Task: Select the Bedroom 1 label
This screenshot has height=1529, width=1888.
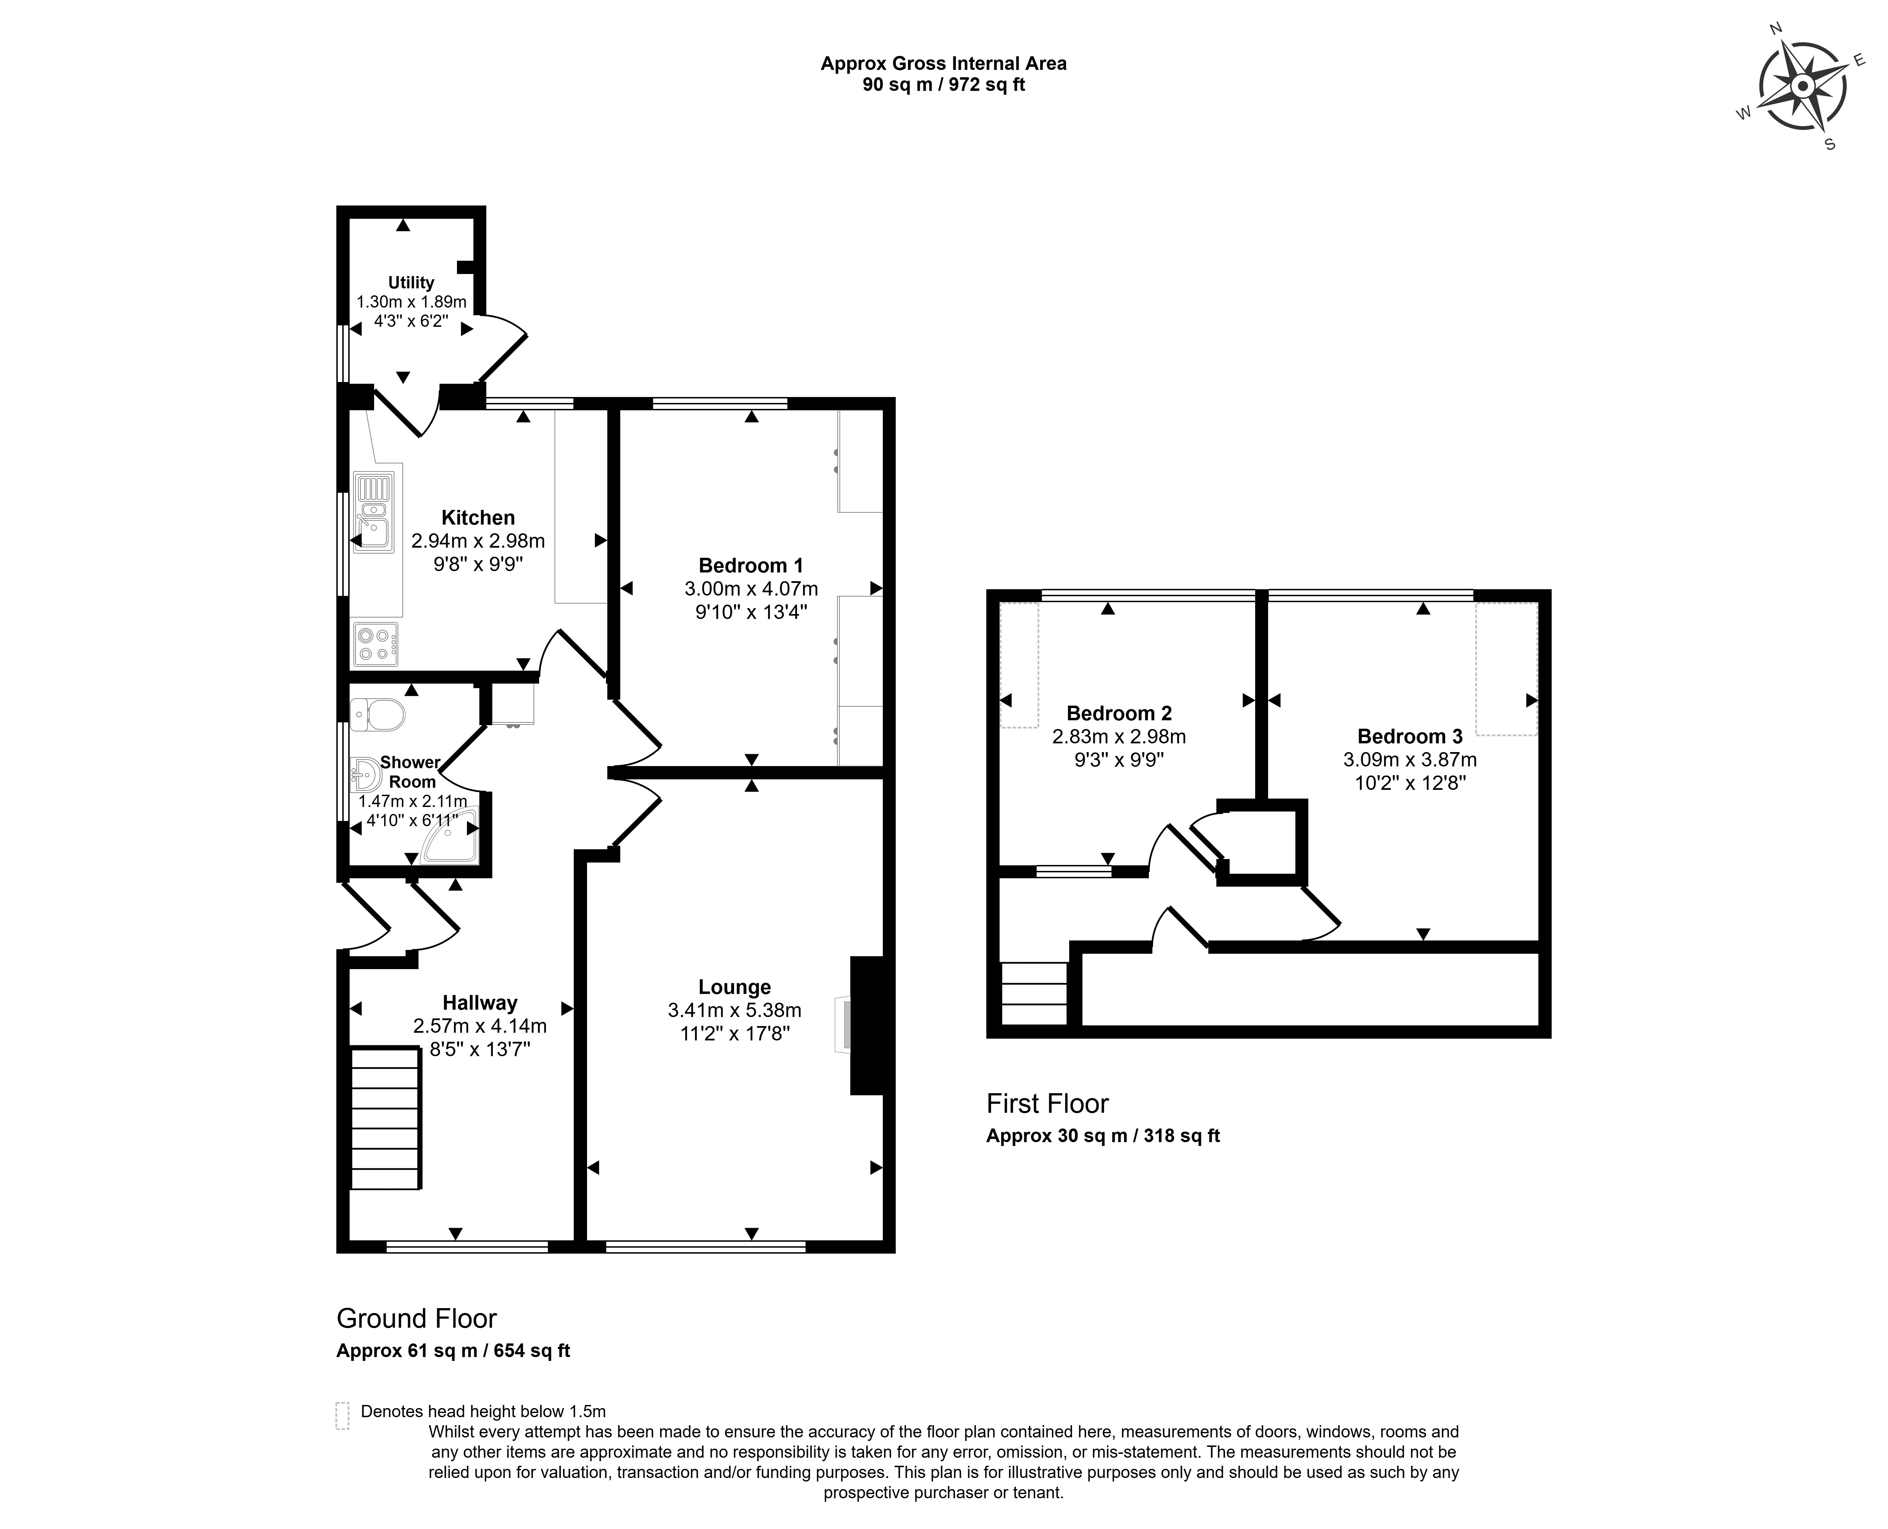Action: [751, 565]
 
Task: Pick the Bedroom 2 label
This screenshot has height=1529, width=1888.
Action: [1119, 713]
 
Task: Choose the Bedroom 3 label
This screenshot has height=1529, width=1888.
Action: [1410, 736]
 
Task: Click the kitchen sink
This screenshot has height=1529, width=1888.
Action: [373, 513]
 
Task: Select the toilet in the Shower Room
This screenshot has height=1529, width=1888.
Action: [377, 714]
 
